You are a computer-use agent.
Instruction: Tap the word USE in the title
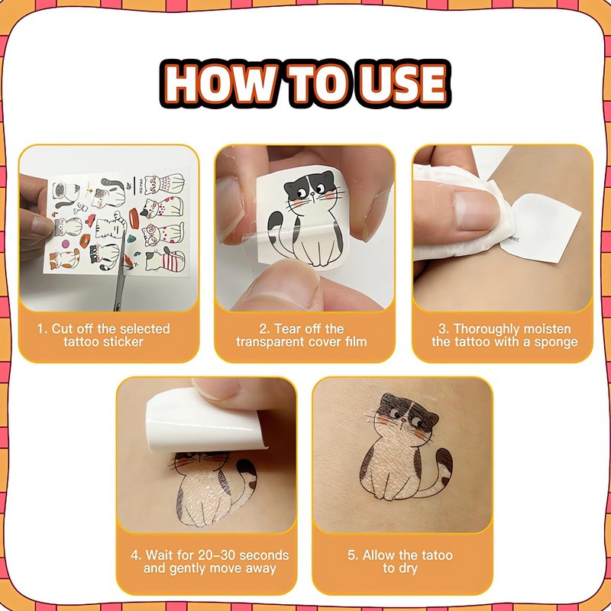(402, 83)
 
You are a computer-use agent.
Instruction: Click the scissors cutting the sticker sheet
(121, 269)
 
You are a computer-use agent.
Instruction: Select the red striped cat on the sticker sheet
(165, 260)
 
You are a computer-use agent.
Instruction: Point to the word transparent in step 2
(265, 342)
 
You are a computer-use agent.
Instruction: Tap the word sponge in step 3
(556, 343)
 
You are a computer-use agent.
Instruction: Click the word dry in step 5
(408, 569)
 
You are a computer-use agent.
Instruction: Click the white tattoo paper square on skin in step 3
(541, 228)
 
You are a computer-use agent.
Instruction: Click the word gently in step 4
(186, 569)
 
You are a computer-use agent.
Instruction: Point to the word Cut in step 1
(63, 329)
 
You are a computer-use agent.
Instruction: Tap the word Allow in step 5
(378, 555)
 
